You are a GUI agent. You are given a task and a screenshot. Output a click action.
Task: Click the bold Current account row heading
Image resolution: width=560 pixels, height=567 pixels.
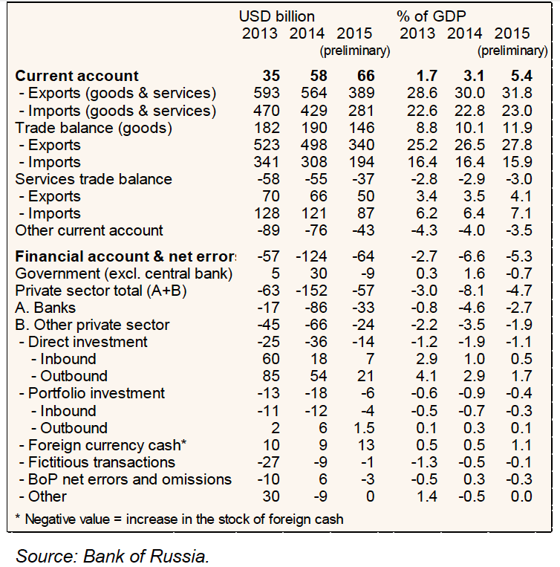pyautogui.click(x=77, y=76)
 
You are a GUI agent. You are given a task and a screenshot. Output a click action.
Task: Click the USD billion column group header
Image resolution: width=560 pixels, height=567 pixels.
pyautogui.click(x=276, y=16)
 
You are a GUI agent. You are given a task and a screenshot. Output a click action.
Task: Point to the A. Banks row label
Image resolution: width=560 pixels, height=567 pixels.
pyautogui.click(x=45, y=308)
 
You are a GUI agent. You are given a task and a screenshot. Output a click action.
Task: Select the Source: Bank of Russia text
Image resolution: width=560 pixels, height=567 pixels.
pyautogui.click(x=112, y=555)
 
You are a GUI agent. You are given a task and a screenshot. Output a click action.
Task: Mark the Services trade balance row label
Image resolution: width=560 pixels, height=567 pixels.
pyautogui.click(x=94, y=179)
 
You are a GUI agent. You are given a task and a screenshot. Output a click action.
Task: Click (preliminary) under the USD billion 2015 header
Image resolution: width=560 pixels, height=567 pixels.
pyautogui.click(x=354, y=51)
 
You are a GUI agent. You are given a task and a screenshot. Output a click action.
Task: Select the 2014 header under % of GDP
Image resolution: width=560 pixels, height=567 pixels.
pyautogui.click(x=464, y=33)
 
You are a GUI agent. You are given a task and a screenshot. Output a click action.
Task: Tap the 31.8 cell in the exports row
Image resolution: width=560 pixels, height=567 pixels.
pyautogui.click(x=517, y=93)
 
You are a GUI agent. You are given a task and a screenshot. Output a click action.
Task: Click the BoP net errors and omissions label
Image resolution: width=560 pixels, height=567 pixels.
pyautogui.click(x=124, y=479)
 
